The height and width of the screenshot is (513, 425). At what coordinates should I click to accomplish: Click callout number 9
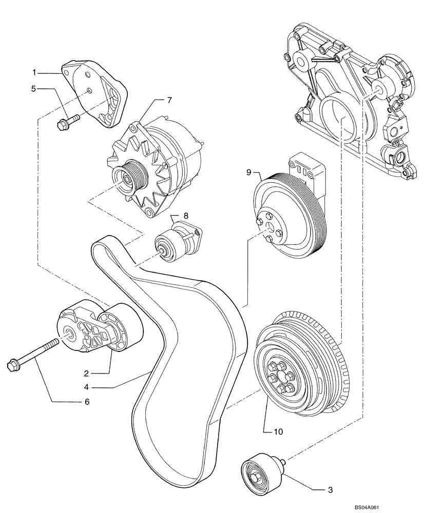point(248,173)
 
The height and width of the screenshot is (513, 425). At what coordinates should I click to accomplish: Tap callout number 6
point(87,402)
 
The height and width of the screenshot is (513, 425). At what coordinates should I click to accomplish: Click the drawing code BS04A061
point(393,507)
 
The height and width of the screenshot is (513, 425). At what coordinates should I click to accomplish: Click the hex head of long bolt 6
point(12,365)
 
